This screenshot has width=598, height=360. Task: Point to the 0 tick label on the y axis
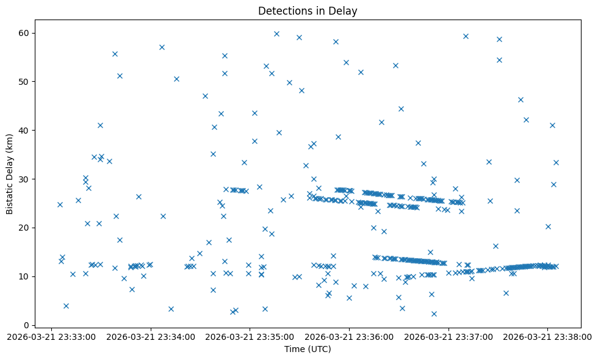[27, 325]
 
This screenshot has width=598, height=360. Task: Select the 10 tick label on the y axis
[24, 276]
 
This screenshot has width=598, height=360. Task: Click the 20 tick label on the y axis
[24, 228]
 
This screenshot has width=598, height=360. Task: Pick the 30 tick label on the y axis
[24, 179]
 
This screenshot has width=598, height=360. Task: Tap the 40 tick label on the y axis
[24, 130]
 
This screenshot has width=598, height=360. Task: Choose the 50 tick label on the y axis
[24, 81]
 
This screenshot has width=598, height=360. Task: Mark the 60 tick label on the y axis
[24, 32]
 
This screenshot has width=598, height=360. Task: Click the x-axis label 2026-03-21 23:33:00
[51, 336]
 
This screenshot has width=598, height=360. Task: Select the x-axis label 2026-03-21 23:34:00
[151, 336]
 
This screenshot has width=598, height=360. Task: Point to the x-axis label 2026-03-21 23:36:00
[349, 336]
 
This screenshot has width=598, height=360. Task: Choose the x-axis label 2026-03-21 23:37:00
[448, 336]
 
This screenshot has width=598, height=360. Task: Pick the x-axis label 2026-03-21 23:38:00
[547, 336]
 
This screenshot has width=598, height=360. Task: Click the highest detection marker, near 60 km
[276, 34]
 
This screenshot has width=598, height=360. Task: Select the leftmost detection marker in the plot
[60, 204]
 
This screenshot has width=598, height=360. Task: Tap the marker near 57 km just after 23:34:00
[162, 47]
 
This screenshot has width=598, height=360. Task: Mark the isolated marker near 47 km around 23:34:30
[205, 96]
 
